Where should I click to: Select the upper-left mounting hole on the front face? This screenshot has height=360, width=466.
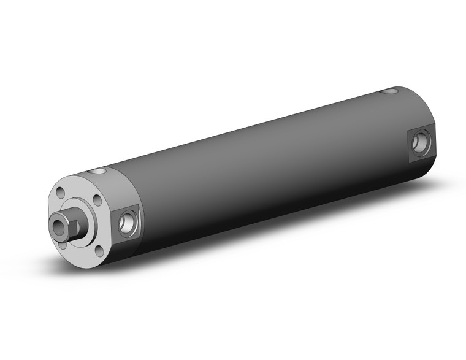(59, 193)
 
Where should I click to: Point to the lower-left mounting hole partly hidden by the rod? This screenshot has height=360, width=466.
(62, 244)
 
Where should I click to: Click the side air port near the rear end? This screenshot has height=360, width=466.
(420, 142)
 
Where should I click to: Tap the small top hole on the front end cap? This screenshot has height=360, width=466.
(97, 171)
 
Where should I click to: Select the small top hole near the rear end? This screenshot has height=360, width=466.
(388, 92)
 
